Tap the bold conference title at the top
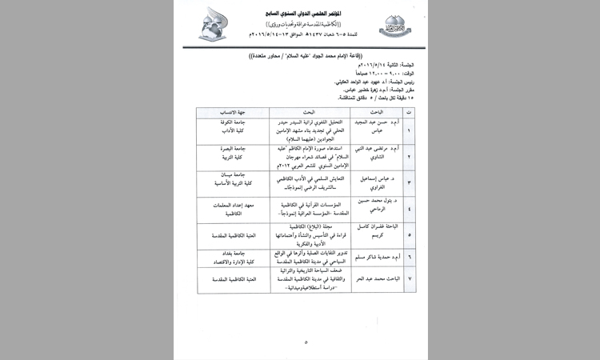[x=302, y=14]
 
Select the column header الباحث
[x=374, y=113]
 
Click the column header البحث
[x=301, y=113]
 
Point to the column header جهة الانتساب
[x=228, y=113]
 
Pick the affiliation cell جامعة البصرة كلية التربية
[x=228, y=155]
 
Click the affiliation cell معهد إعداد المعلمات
[x=228, y=210]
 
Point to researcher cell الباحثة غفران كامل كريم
[x=373, y=236]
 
